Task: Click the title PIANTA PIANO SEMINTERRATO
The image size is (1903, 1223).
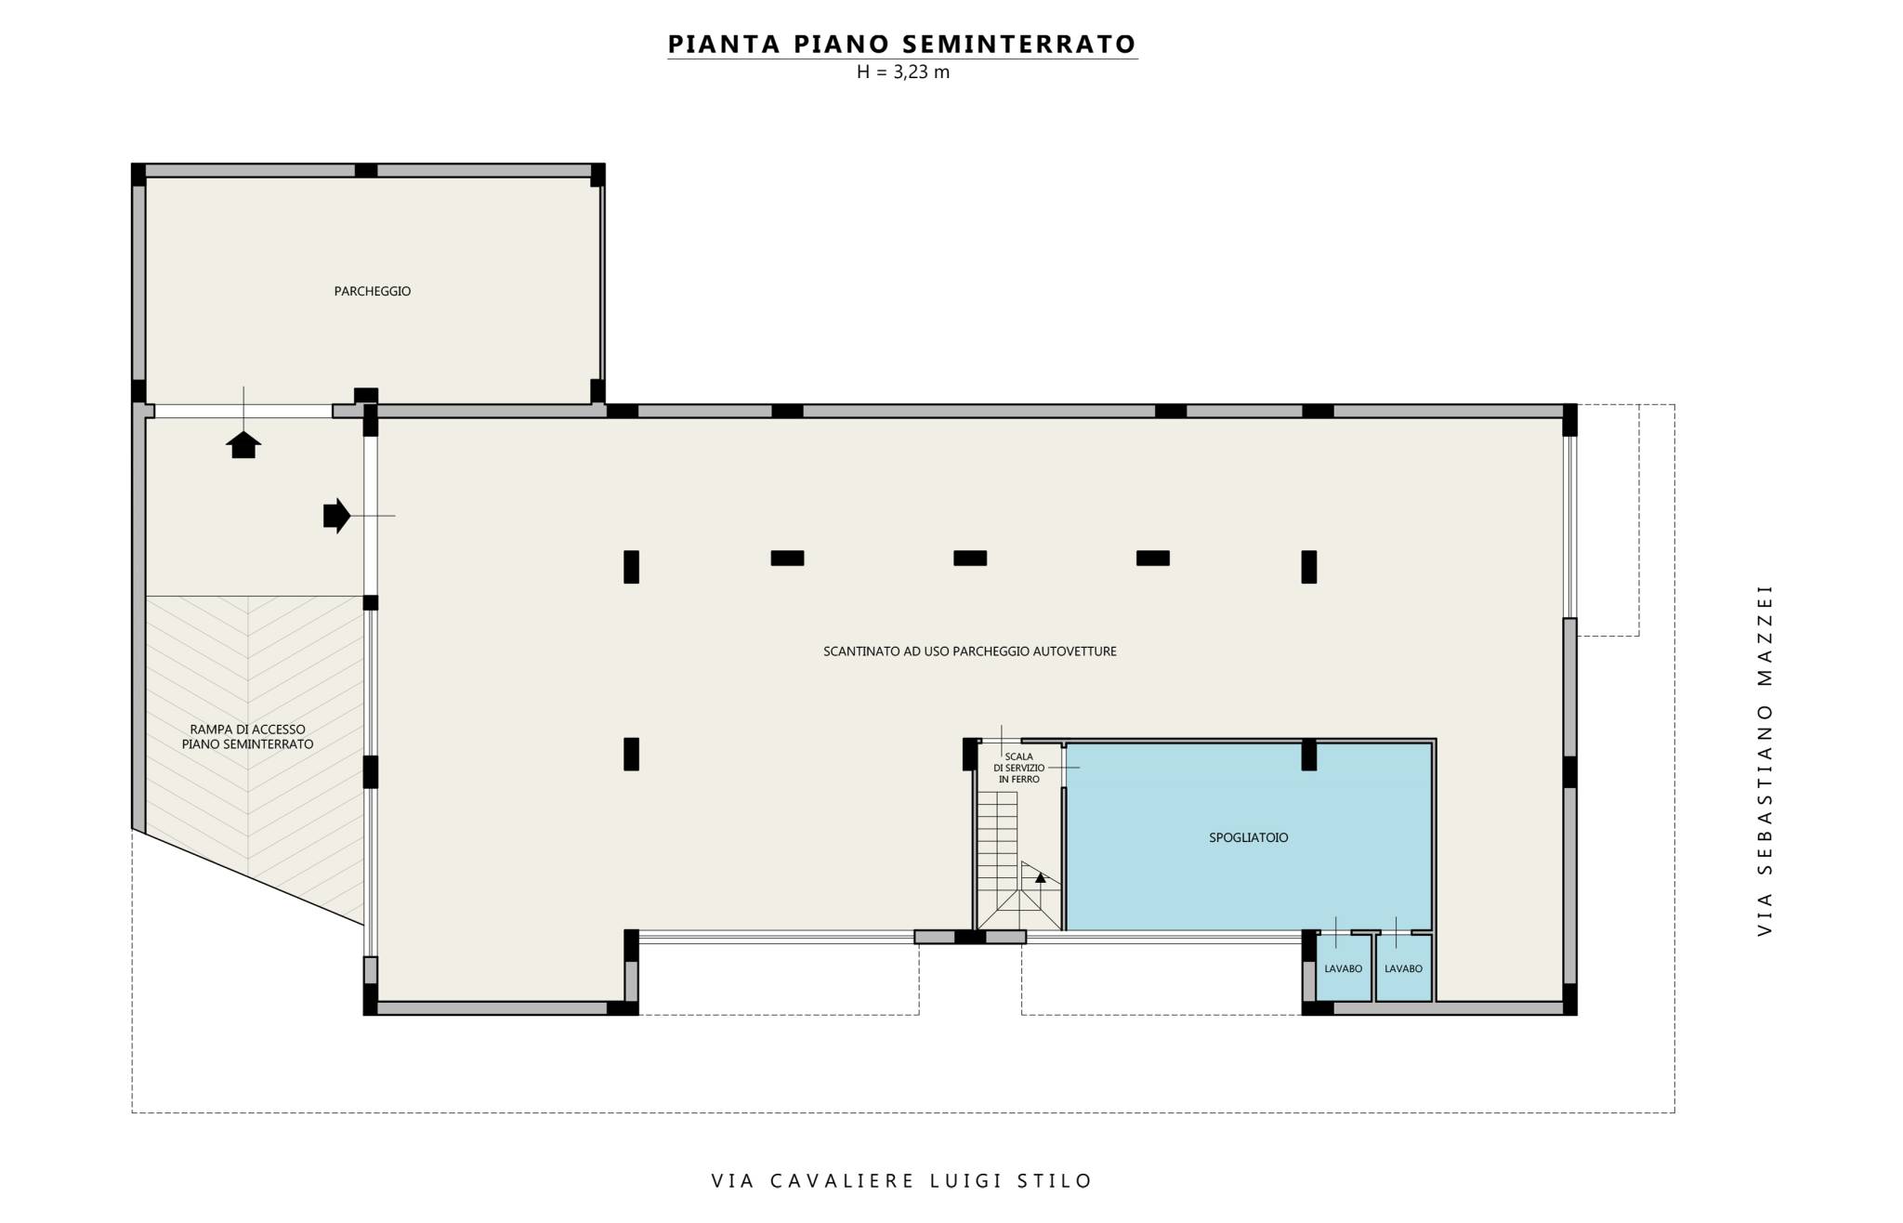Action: click(x=902, y=44)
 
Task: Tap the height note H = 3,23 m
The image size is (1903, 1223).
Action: click(x=903, y=72)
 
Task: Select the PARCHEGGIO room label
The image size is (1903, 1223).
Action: click(x=373, y=291)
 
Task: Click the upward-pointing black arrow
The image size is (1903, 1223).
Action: click(x=243, y=444)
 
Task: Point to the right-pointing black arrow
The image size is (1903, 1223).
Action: click(x=336, y=515)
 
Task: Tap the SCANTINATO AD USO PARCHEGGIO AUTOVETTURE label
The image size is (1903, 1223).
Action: click(x=970, y=651)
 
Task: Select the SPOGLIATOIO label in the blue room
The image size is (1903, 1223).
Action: click(x=1249, y=837)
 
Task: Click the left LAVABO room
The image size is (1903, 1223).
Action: click(x=1344, y=968)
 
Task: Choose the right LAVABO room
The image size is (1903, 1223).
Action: click(x=1403, y=968)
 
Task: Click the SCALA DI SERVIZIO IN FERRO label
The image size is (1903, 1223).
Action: click(x=1018, y=768)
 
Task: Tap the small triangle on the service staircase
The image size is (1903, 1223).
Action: click(x=1041, y=876)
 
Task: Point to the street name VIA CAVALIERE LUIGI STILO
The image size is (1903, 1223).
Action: click(x=902, y=1181)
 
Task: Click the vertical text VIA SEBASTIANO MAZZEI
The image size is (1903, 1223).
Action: click(x=1765, y=759)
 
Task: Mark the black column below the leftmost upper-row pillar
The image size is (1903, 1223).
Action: click(x=631, y=754)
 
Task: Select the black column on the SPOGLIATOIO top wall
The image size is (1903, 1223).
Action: click(x=1308, y=755)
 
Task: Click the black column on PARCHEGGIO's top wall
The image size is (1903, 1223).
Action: click(x=366, y=170)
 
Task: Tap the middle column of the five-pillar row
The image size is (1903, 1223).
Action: click(x=970, y=559)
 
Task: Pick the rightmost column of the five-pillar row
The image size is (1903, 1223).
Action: click(x=1308, y=567)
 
